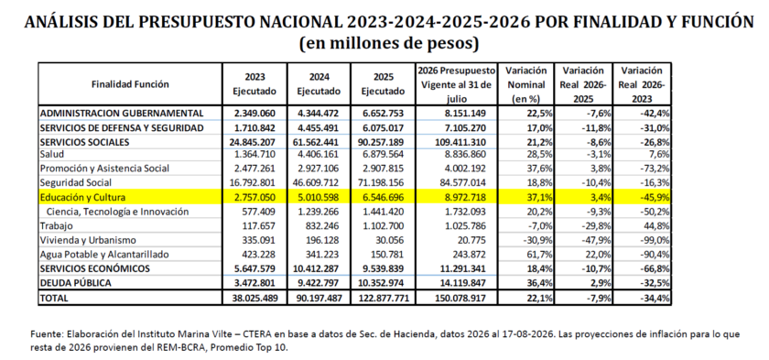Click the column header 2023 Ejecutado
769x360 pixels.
pos(255,84)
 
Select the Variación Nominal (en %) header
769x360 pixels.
pos(525,84)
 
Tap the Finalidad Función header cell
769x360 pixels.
pos(130,84)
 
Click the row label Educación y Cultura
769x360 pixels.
pos(83,198)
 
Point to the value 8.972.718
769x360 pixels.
pos(464,198)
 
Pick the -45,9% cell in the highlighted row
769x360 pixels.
pos(655,198)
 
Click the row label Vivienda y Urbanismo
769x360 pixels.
pos(88,240)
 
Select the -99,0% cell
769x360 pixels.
pos(655,240)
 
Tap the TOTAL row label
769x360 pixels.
pos(54,298)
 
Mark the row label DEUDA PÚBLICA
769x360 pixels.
pos(75,283)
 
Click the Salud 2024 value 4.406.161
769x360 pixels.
pos(319,155)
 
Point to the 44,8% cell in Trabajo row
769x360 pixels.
pos(657,226)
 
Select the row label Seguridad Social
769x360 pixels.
pos(76,183)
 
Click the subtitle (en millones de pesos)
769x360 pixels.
pos(388,43)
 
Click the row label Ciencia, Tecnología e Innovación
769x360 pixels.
pos(117,212)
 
